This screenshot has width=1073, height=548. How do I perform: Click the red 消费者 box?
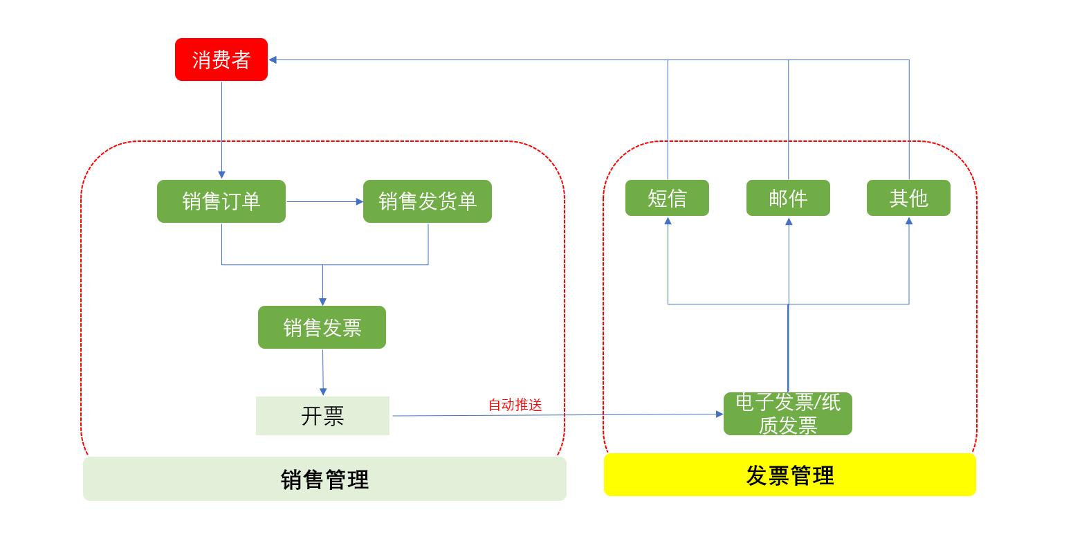coord(221,60)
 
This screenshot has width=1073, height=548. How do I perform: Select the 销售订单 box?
coord(221,201)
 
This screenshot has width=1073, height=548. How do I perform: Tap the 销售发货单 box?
coord(428,201)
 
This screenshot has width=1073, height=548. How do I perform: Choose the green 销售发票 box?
coord(322,327)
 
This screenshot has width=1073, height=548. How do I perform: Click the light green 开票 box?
coord(322,416)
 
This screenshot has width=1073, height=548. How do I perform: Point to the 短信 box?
coord(668,198)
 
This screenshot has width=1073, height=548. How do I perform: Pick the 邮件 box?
coord(788,198)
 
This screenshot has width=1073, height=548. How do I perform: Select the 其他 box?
coord(909,198)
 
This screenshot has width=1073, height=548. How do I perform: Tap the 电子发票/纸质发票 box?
coord(788,414)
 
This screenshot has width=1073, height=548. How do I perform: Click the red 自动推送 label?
coord(515,405)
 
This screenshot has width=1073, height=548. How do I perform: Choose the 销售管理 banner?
coord(324,479)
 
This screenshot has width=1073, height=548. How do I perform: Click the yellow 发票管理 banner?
coord(790,475)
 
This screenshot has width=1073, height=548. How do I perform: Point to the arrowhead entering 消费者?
coord(273,60)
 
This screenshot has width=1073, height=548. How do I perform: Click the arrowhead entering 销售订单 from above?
coord(222,175)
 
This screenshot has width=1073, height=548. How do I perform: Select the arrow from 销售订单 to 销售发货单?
coord(324,201)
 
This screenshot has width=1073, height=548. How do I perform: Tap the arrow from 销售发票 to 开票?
coord(323,372)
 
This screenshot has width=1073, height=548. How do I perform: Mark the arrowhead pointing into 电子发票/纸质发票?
coord(719,414)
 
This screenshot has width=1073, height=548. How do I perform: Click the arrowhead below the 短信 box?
coord(668,221)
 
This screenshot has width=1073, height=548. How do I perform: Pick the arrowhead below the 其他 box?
coord(909,221)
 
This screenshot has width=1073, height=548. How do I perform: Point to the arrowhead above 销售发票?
coord(323,302)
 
